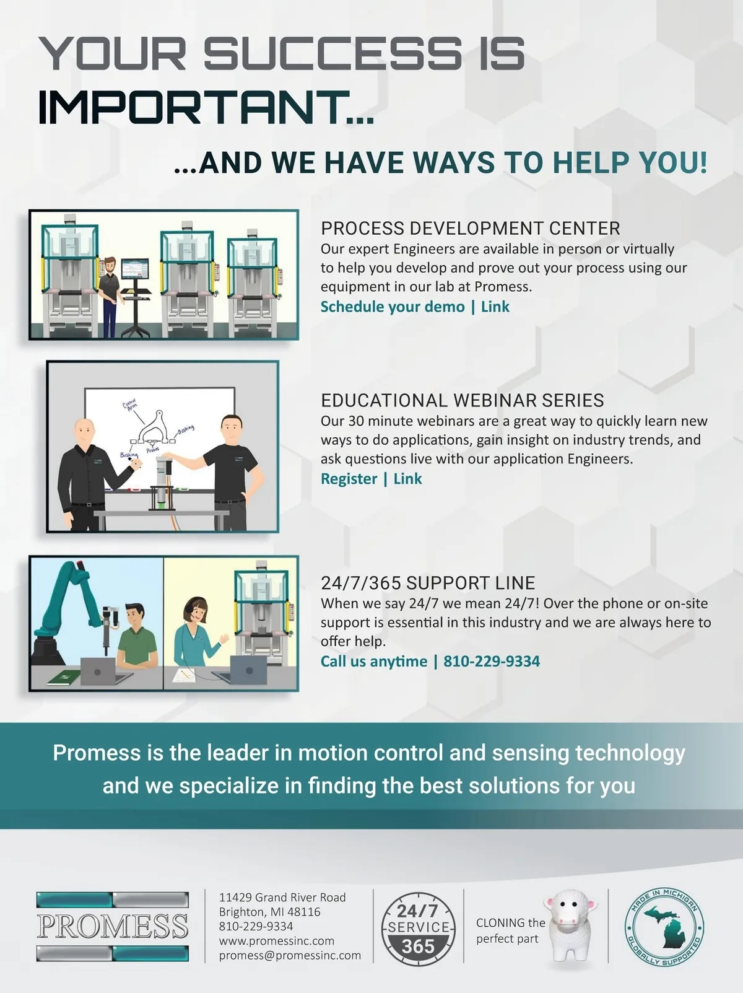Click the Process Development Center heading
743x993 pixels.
pos(471,229)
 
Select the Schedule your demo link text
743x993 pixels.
pos(393,307)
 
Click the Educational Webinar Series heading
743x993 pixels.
pos(462,400)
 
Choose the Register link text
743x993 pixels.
pos(349,479)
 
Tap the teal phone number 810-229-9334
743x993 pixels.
pos(492,662)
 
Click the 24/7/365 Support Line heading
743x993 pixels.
pos(428,583)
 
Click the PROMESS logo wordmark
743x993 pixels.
pos(113,927)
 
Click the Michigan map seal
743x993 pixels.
pos(664,927)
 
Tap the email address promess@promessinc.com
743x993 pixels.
pos(290,955)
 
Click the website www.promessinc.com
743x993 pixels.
pos(277,940)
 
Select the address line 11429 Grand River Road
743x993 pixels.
pos(282,897)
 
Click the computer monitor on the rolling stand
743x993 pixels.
pos(134,269)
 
